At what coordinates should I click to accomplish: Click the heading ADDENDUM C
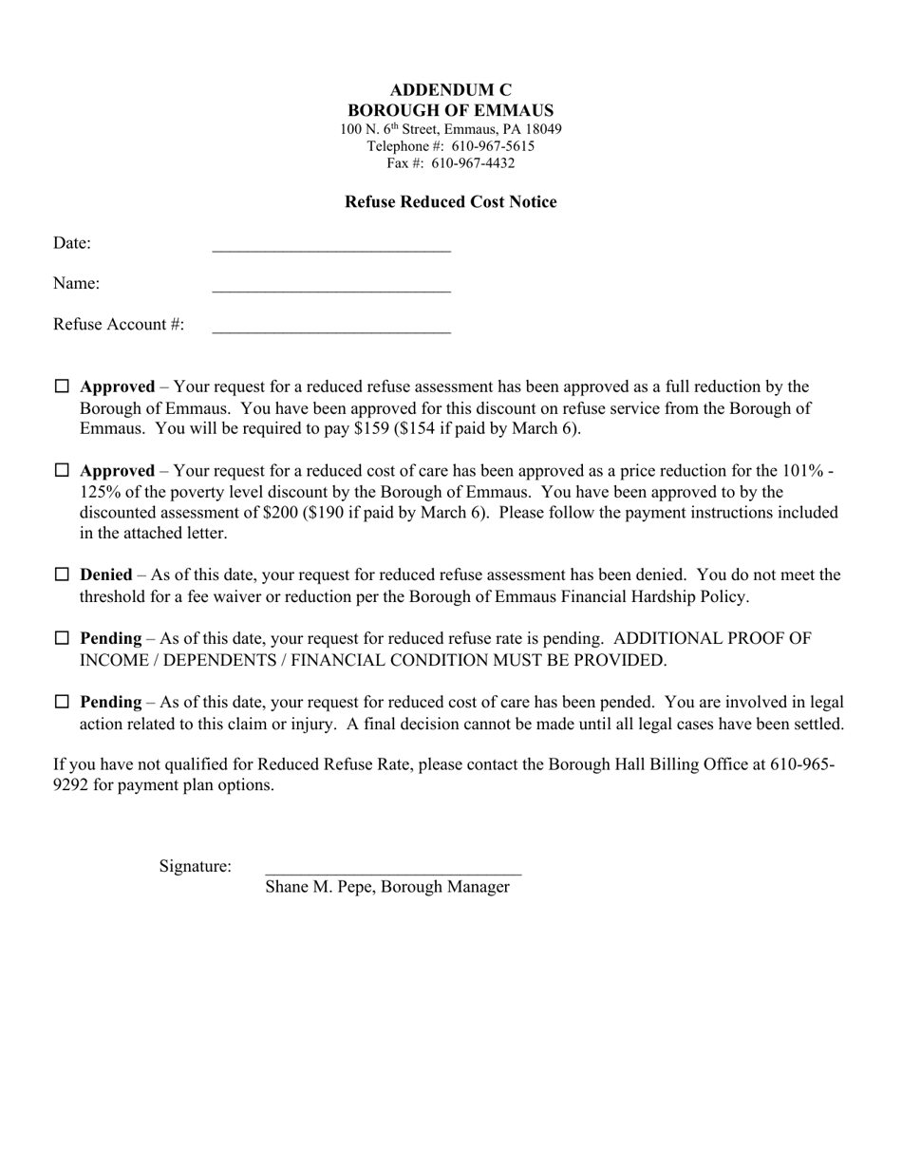[450, 90]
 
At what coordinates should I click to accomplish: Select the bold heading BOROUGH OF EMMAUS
[450, 110]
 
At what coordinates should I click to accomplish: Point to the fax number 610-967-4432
[473, 163]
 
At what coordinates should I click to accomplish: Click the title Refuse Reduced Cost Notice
[450, 201]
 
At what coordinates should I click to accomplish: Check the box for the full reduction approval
[62, 386]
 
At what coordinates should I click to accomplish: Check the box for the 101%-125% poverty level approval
[62, 470]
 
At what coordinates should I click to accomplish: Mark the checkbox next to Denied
[62, 575]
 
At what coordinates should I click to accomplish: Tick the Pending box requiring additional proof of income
[62, 638]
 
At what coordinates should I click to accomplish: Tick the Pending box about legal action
[62, 702]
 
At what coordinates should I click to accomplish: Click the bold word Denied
[106, 575]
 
